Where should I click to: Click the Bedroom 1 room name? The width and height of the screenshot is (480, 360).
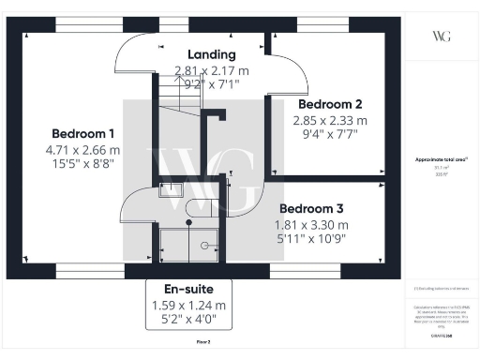(x=83, y=132)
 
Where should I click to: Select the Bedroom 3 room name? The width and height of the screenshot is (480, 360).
(x=310, y=208)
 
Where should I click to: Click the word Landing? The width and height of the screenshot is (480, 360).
(x=211, y=54)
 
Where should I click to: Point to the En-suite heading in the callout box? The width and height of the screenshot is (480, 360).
(x=187, y=289)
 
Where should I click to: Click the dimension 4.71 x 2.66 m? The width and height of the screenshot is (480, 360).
(x=83, y=149)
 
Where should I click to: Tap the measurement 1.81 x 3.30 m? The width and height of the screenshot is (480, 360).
(x=310, y=225)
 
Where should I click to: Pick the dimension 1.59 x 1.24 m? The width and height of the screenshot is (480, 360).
(x=187, y=306)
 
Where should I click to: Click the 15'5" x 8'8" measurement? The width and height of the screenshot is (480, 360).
(x=83, y=165)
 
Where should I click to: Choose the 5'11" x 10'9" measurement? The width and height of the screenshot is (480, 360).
(x=310, y=241)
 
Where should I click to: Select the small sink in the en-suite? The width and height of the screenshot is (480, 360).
(x=172, y=190)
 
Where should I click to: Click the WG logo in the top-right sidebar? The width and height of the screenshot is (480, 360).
(x=441, y=36)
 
